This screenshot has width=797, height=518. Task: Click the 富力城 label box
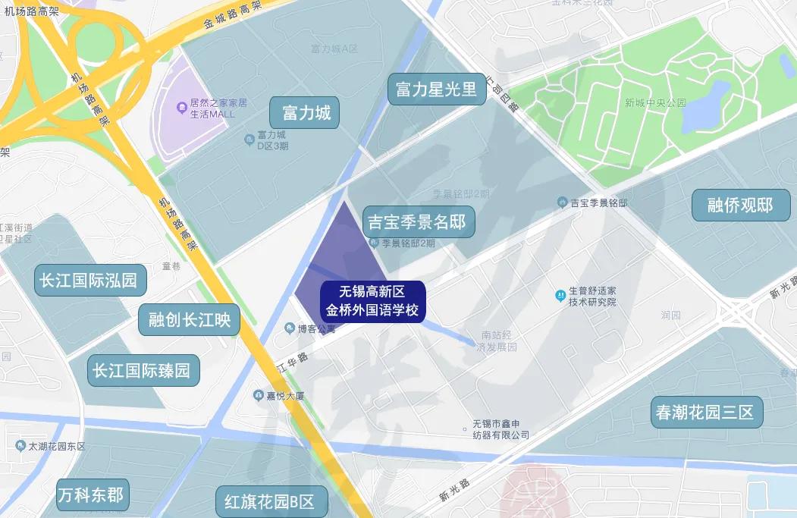click(x=306, y=114)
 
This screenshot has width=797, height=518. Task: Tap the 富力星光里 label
click(x=436, y=89)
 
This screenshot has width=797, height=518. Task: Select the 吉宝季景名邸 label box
click(x=418, y=222)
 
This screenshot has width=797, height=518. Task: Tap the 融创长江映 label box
click(x=189, y=320)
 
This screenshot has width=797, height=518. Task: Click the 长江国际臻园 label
click(x=143, y=371)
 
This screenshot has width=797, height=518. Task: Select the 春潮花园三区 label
click(x=706, y=413)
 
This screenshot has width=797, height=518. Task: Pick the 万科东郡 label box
click(x=92, y=496)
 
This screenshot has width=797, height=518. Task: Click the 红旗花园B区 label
click(x=270, y=501)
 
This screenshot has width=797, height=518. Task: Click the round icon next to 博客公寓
click(x=289, y=328)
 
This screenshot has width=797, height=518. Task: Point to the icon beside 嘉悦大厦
click(x=258, y=395)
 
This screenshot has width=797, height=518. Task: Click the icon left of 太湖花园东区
click(x=20, y=446)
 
